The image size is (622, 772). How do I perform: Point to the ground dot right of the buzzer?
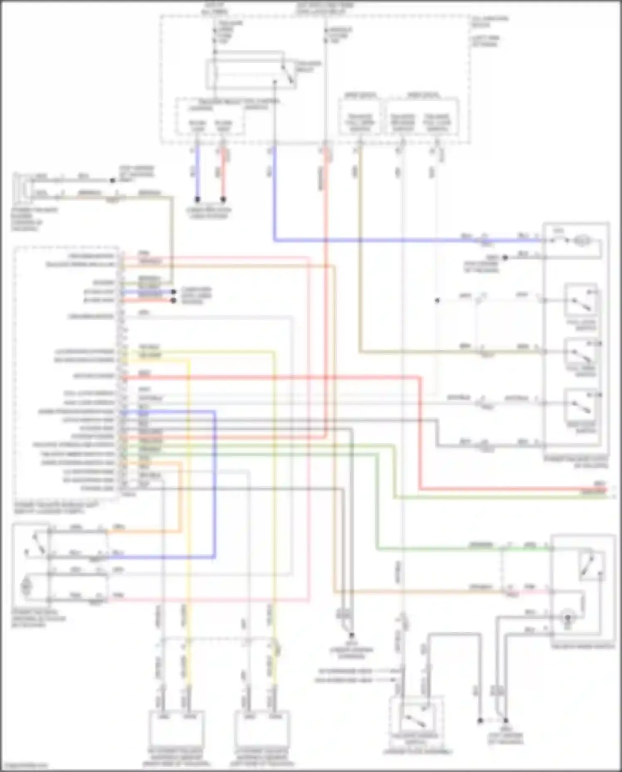point(112,181)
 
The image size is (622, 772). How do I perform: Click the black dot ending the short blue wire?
point(198,200)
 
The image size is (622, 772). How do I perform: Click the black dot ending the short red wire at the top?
point(223,200)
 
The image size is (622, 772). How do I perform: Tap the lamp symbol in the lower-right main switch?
point(567,619)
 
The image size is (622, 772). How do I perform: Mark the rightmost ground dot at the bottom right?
point(506,721)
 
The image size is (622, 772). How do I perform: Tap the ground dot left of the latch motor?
point(505,258)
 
